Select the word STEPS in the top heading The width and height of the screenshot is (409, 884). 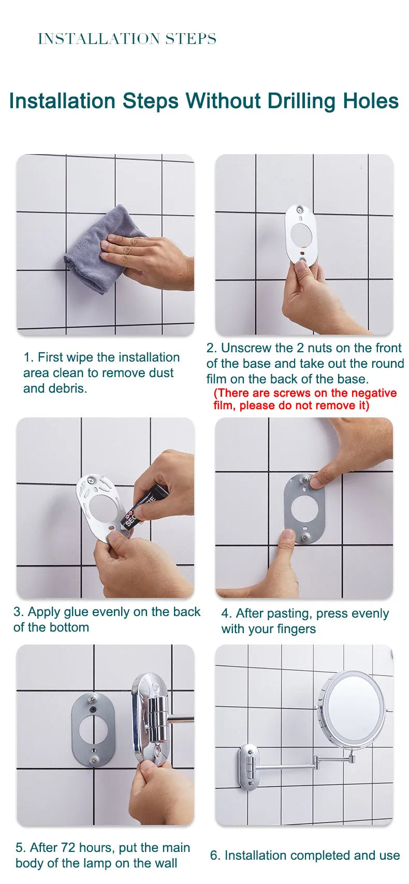coord(191,39)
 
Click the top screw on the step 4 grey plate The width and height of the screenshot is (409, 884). coord(305,480)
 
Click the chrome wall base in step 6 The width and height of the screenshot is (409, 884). coord(248,766)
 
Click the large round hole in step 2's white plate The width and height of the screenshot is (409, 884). coord(301,235)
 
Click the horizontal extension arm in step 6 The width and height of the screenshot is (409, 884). coord(283,767)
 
